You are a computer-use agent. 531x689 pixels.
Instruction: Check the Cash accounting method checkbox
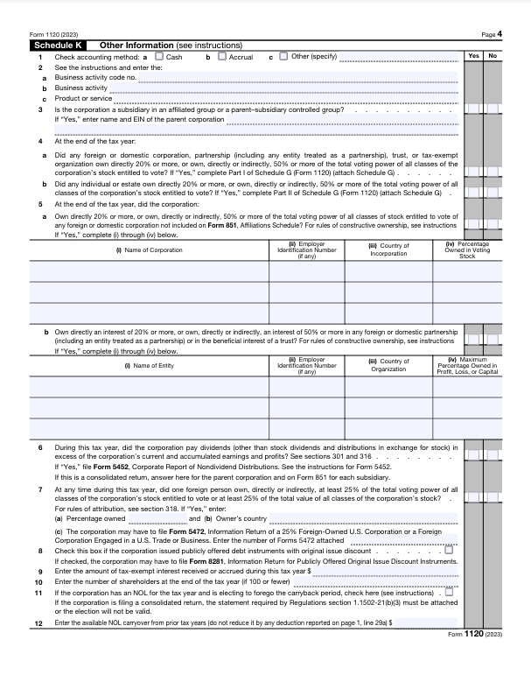159,57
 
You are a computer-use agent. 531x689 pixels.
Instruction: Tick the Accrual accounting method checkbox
221,57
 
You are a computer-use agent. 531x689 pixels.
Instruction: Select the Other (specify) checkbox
283,57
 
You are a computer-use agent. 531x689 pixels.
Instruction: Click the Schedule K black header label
59,45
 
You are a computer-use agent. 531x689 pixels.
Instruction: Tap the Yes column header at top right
472,56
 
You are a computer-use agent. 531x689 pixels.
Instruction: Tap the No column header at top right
493,56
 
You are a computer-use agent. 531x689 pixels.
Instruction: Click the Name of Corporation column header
150,251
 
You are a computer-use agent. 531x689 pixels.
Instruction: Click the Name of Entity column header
150,365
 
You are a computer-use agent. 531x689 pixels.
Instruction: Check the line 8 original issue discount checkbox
449,551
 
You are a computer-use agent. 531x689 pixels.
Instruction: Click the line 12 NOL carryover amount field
426,622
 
